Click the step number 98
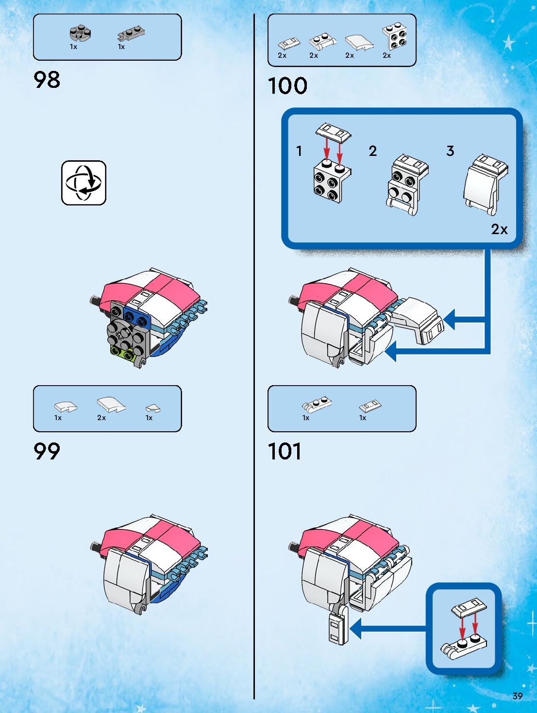47,80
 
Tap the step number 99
47,451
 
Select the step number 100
287,86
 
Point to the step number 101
285,451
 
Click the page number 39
518,696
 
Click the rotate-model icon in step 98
84,183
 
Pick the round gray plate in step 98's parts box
80,33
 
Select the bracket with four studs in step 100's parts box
394,36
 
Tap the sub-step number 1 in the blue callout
299,151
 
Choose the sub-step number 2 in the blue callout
373,151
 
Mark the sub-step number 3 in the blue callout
450,151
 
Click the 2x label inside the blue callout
499,229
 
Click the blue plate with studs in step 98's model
136,314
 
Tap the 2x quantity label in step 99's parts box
101,418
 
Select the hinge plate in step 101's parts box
317,404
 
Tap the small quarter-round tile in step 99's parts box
153,408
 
